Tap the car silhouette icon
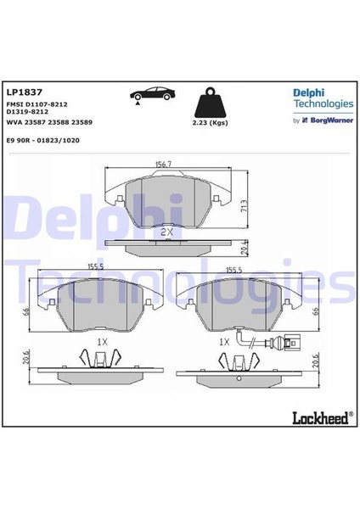tap(149, 95)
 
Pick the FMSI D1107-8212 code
tap(37, 103)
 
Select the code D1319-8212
tap(26, 111)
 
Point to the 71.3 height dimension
tap(245, 204)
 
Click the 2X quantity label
tap(167, 230)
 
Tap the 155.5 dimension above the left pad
tap(96, 267)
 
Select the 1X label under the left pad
tap(101, 341)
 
